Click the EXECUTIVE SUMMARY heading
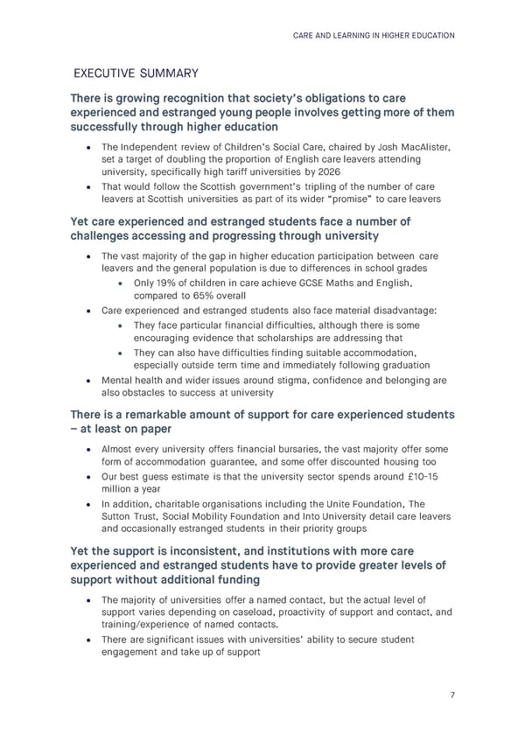point(136,73)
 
